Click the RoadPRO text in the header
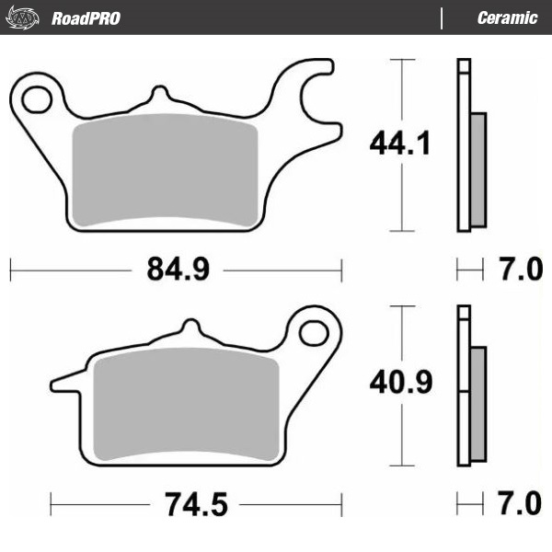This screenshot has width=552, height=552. [x=86, y=18]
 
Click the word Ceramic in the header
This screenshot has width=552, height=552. [x=507, y=18]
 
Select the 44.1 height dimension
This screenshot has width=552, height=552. [x=399, y=144]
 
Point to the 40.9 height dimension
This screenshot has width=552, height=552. [x=400, y=382]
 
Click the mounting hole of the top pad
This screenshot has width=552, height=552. [x=37, y=97]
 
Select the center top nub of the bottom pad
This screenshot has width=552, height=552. [x=190, y=328]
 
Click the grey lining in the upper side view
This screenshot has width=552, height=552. [x=477, y=169]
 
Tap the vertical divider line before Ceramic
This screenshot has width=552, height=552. [x=443, y=18]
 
